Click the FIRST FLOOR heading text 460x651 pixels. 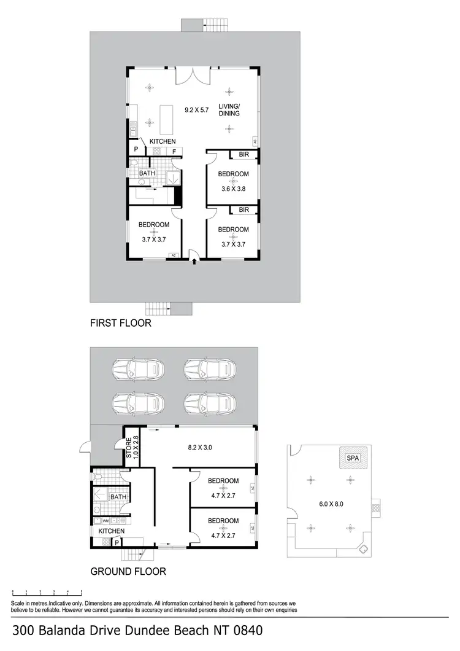click(120, 322)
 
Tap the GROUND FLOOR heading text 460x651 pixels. click(128, 571)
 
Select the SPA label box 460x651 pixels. click(352, 458)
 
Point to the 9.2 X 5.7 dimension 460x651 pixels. click(197, 110)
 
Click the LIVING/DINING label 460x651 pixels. click(229, 110)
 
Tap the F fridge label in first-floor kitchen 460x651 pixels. click(174, 151)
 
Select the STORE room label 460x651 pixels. click(128, 448)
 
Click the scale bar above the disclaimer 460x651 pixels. click(48, 593)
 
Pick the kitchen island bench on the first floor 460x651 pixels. click(166, 119)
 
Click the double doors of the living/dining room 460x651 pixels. click(193, 77)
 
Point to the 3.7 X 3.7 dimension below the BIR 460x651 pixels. click(234, 244)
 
